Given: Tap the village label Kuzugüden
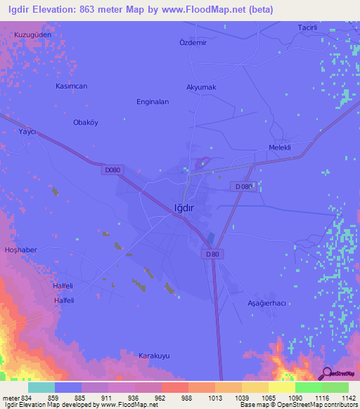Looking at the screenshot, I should point(33,34).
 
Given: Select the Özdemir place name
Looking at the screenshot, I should point(194,42).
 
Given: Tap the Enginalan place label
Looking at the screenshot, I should point(153,102).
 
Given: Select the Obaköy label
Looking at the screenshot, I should point(86,122).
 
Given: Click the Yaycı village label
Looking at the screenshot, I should point(27,131).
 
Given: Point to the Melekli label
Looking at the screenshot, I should point(280,148).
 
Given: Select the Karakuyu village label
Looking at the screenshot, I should point(154,356).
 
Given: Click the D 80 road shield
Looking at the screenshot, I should point(214,254).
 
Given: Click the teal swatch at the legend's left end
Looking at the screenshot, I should point(41,387).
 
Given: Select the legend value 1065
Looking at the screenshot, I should point(268,398).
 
